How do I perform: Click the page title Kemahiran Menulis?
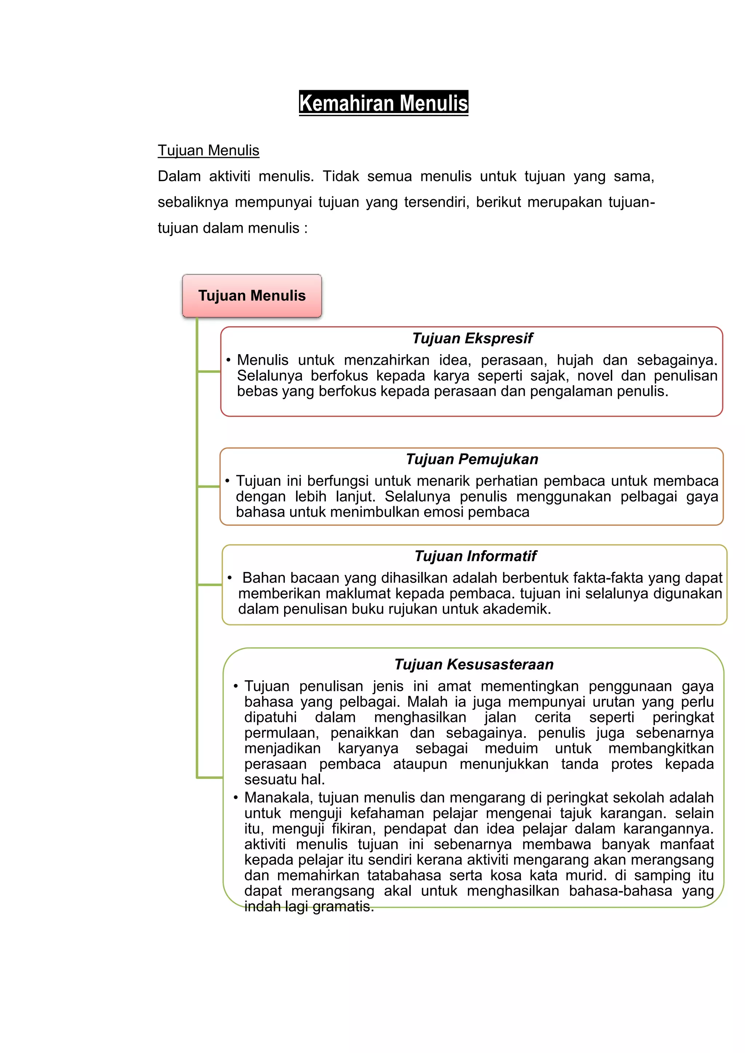pos(383,103)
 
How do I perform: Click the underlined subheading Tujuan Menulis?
pos(208,151)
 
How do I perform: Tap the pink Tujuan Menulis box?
pos(252,296)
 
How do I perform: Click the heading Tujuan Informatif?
pos(475,556)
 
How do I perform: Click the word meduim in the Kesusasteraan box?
pos(511,748)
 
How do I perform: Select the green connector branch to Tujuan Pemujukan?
pos(209,486)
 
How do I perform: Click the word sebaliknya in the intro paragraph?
pos(193,202)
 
